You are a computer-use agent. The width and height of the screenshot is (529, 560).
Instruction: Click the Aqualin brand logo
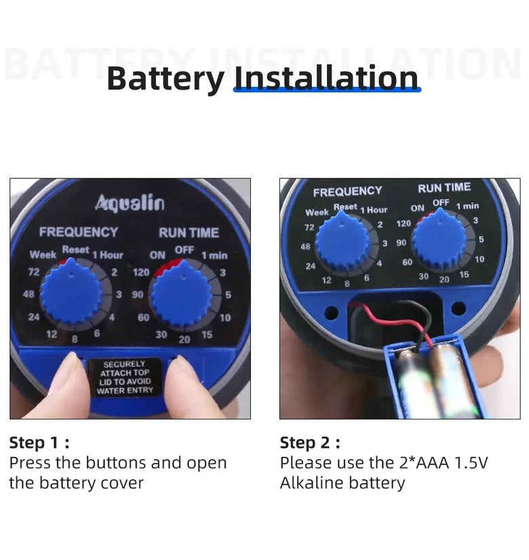pyautogui.click(x=130, y=203)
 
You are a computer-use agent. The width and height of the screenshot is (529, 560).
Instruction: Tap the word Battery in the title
pyautogui.click(x=165, y=79)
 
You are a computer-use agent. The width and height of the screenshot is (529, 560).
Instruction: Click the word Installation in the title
pyautogui.click(x=326, y=77)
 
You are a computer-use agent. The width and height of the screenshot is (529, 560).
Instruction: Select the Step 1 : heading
pyautogui.click(x=39, y=443)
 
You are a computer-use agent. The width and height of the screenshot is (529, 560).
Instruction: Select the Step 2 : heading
pyautogui.click(x=310, y=443)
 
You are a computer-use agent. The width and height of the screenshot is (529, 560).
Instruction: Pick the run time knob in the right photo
pyautogui.click(x=439, y=240)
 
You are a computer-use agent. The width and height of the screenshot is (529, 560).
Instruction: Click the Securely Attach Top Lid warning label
pyautogui.click(x=125, y=377)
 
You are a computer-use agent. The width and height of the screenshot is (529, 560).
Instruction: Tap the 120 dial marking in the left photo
pyautogui.click(x=141, y=272)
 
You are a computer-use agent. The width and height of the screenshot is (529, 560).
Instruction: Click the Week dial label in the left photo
pyautogui.click(x=43, y=255)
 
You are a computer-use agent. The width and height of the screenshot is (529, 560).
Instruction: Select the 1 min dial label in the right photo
pyautogui.click(x=467, y=206)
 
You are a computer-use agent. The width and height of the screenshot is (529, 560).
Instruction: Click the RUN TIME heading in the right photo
pyautogui.click(x=444, y=188)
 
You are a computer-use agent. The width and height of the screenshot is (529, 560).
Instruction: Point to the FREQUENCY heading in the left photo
pyautogui.click(x=79, y=232)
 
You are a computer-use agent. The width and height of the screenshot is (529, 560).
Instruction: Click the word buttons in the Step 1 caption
pyautogui.click(x=116, y=462)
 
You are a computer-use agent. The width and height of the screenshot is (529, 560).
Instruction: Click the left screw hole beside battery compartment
pyautogui.click(x=331, y=313)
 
